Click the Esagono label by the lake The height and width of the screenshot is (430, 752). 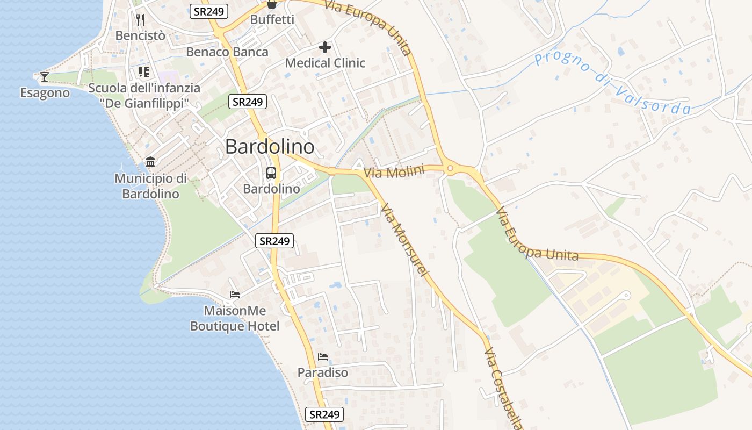click(x=45, y=93)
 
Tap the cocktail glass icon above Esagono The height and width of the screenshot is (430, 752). click(x=45, y=77)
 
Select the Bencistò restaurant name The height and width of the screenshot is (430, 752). click(x=140, y=35)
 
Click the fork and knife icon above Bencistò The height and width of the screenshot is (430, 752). click(x=140, y=20)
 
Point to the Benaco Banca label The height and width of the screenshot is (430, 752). click(x=227, y=52)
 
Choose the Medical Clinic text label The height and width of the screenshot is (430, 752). click(x=325, y=63)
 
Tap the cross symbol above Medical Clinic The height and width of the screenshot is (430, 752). click(x=325, y=47)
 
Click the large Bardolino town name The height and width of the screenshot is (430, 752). click(x=270, y=146)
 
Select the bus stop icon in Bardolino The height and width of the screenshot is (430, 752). click(x=271, y=173)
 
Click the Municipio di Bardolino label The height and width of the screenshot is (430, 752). click(x=150, y=186)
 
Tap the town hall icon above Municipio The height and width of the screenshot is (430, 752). click(x=150, y=162)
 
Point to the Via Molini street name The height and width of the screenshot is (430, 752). click(x=394, y=172)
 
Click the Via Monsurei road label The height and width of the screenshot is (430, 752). click(x=405, y=240)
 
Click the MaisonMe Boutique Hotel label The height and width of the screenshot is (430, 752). click(x=235, y=318)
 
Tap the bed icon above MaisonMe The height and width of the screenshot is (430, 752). click(x=235, y=295)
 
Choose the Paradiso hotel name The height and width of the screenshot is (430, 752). click(x=323, y=372)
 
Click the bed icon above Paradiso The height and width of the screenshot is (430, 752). click(x=322, y=356)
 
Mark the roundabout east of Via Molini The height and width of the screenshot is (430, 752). click(x=450, y=169)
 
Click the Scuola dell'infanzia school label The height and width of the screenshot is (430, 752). click(x=144, y=95)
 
